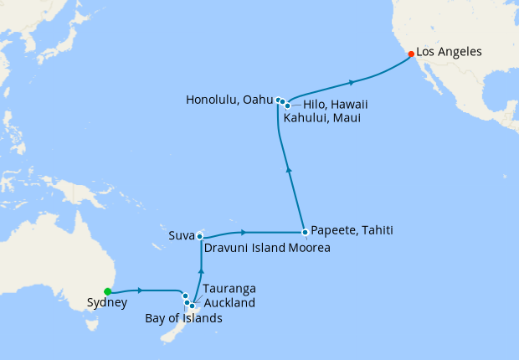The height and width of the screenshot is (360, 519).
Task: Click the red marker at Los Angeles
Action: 410,54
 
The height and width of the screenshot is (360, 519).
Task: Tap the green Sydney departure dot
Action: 107,291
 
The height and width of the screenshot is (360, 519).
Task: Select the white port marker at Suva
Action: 199,237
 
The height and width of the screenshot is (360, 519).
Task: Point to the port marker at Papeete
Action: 305,231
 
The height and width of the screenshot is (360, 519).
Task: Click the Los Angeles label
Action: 450,52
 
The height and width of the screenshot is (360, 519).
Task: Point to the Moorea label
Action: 311,249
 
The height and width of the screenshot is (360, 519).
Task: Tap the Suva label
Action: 181,236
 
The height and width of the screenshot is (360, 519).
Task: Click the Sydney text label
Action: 107,305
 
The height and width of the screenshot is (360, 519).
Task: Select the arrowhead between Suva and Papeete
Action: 243,231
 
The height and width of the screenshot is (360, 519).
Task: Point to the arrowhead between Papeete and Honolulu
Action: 289,169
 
